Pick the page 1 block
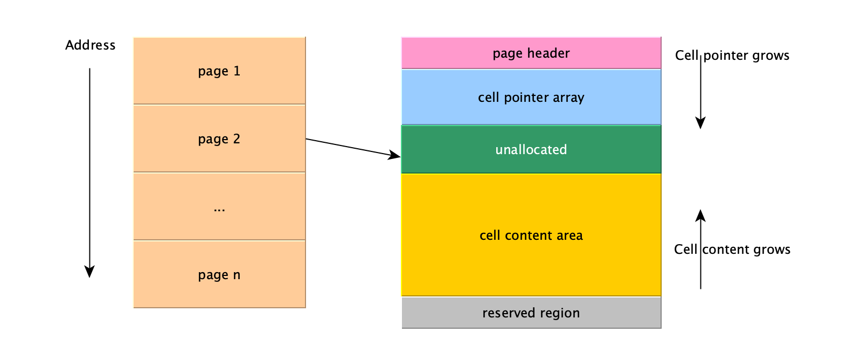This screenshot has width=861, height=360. click(219, 71)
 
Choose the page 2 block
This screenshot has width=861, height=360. click(219, 139)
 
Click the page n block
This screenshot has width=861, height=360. click(219, 274)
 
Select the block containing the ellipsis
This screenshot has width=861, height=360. click(219, 206)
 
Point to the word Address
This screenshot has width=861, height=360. click(90, 45)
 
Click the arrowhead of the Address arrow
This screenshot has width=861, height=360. click(89, 272)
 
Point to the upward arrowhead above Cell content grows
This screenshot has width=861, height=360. click(700, 216)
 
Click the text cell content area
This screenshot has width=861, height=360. click(531, 236)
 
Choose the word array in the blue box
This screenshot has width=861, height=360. click(568, 98)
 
